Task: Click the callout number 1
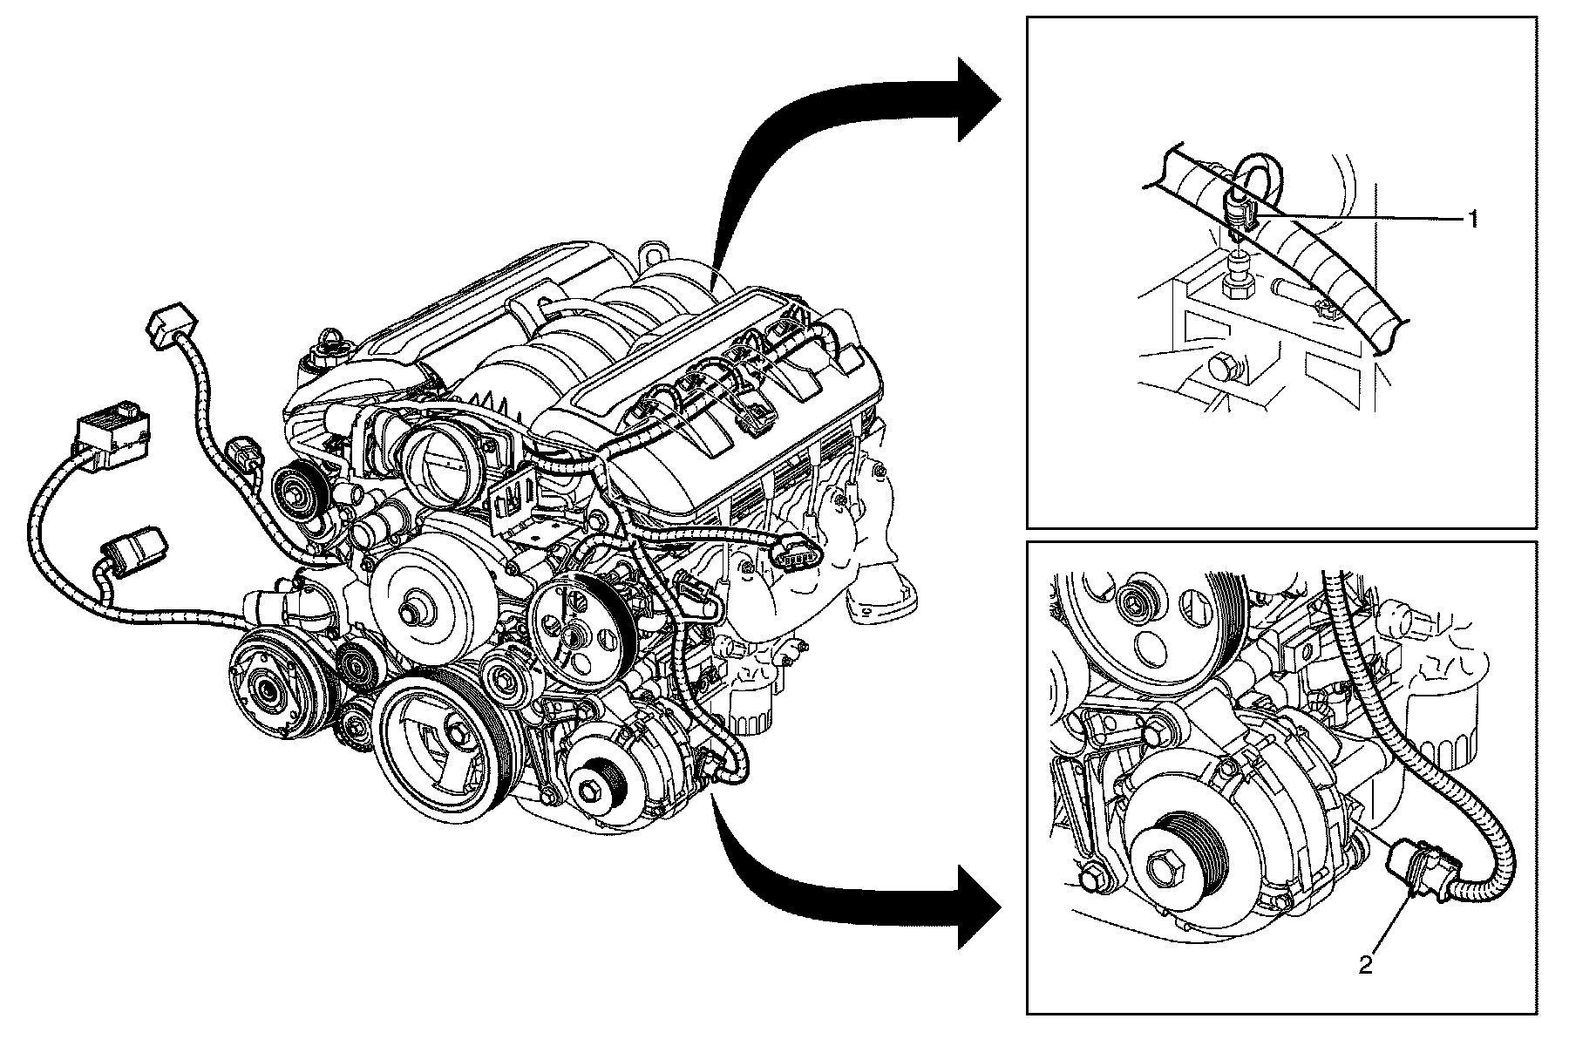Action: (1472, 220)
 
